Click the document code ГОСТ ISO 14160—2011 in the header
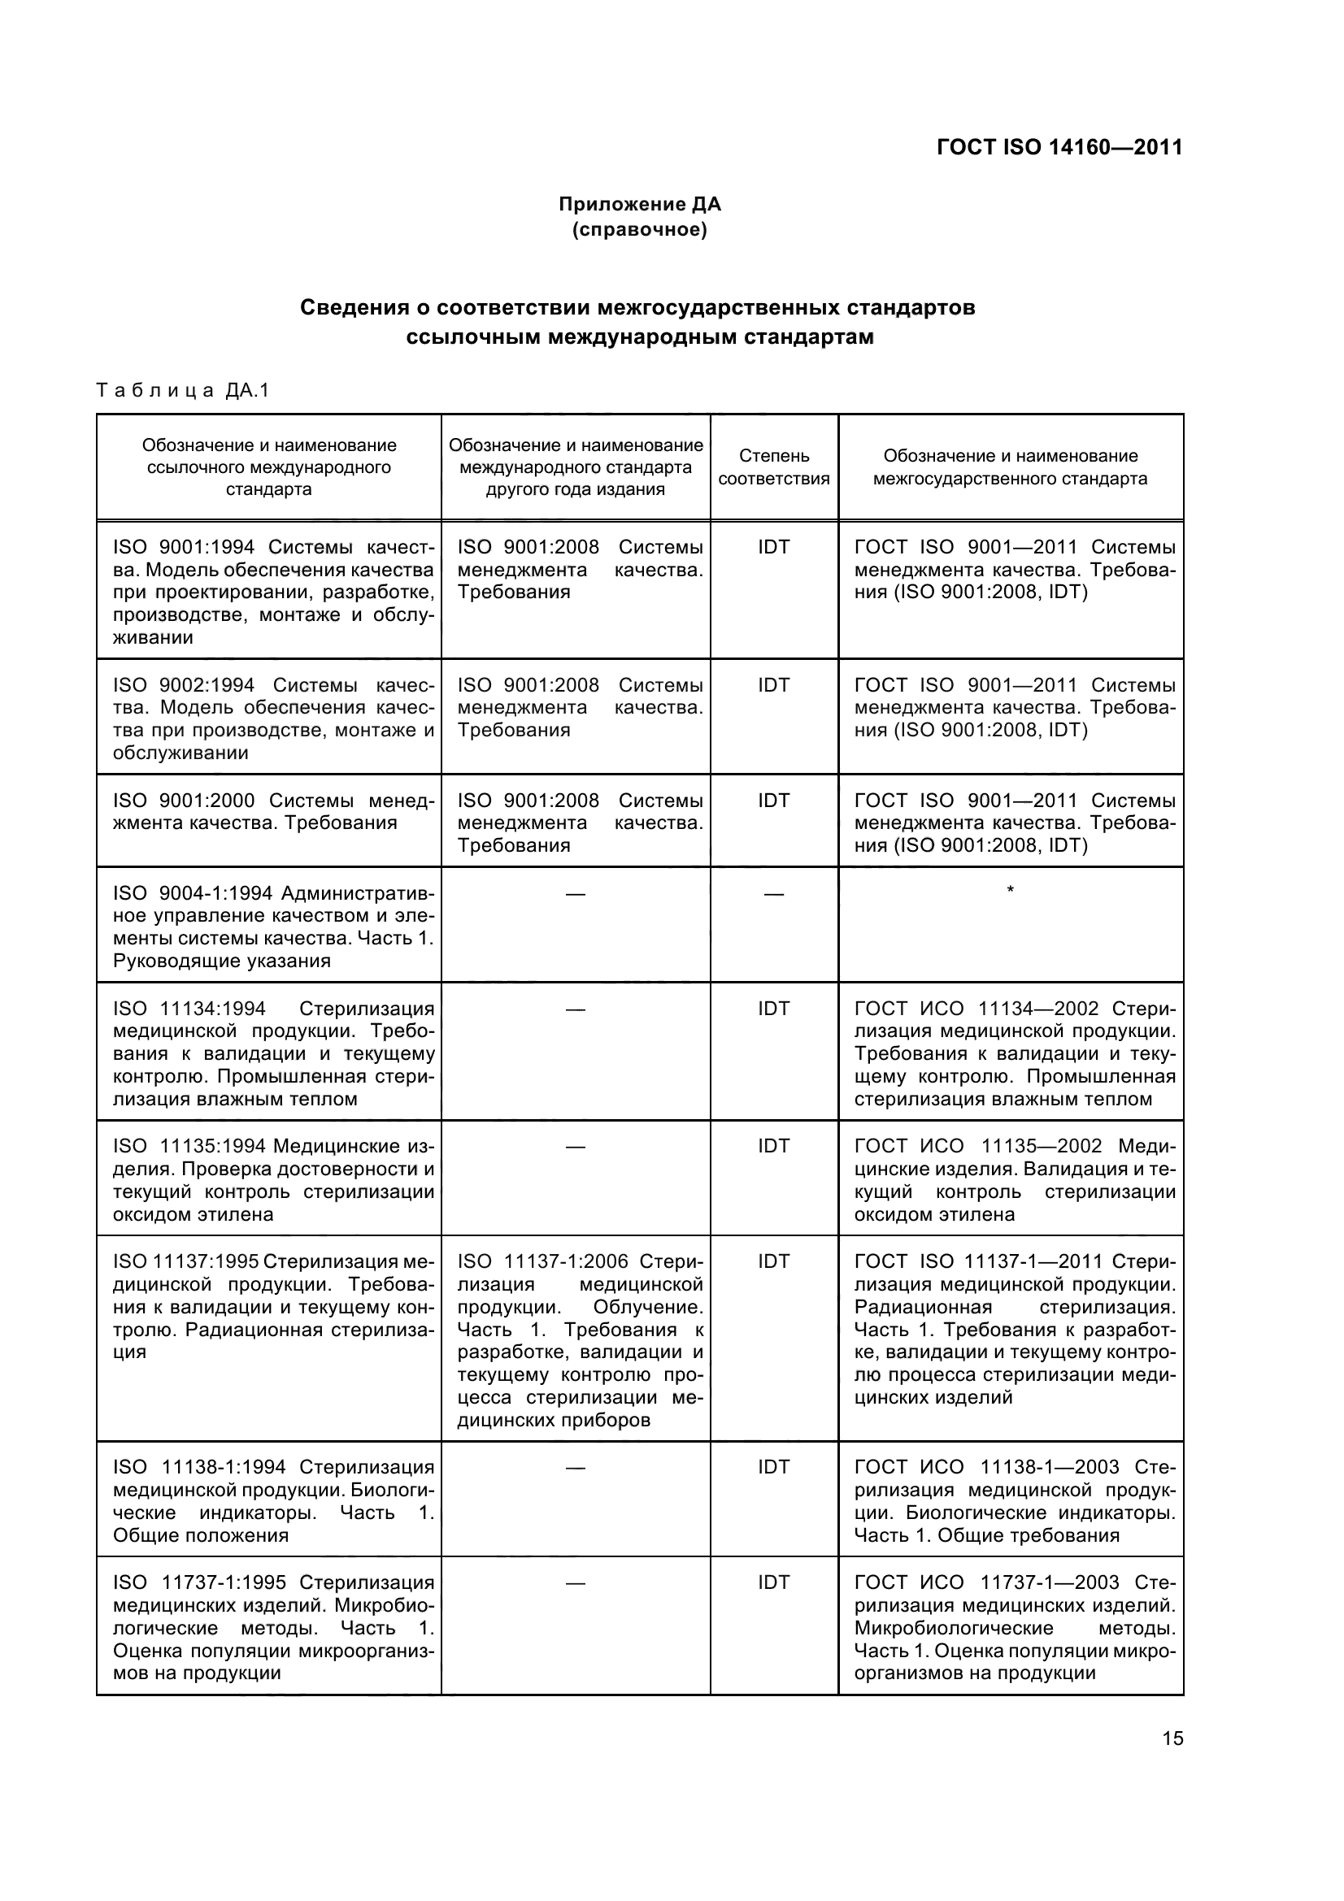click(x=1059, y=147)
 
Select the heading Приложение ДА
click(x=639, y=204)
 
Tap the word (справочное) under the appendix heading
click(x=639, y=229)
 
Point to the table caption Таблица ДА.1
click(x=183, y=390)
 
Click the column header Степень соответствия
click(x=773, y=467)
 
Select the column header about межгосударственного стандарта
click(x=1011, y=467)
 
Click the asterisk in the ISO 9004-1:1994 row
click(x=1010, y=891)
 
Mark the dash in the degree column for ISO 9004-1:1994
click(x=773, y=894)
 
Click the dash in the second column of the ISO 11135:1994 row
click(x=575, y=1147)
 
